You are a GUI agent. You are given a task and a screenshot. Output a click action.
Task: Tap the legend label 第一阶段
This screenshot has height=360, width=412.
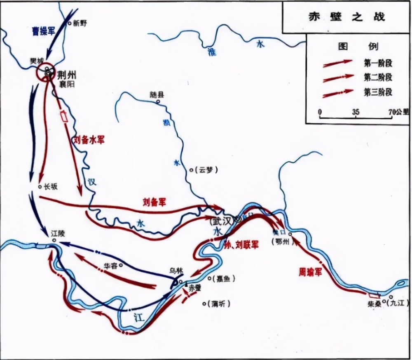377,63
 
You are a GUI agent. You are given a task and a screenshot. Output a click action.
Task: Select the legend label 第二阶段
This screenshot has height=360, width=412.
377,77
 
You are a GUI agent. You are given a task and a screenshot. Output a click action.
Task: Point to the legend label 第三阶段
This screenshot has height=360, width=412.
377,92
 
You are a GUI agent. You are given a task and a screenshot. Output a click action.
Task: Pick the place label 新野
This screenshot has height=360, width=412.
80,24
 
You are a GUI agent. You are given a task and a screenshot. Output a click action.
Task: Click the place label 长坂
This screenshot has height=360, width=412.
51,187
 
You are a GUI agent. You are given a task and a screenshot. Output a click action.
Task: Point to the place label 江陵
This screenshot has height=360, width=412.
59,233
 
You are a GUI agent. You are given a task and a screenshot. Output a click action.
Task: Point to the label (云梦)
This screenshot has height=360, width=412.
205,169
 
